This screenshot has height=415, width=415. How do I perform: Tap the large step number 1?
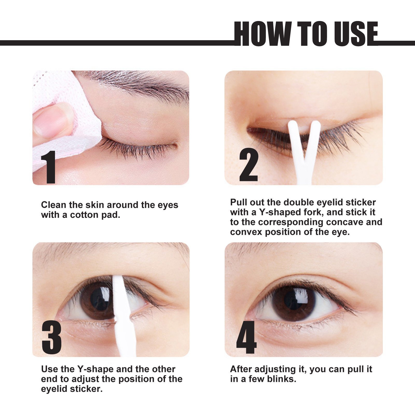(49, 167)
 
